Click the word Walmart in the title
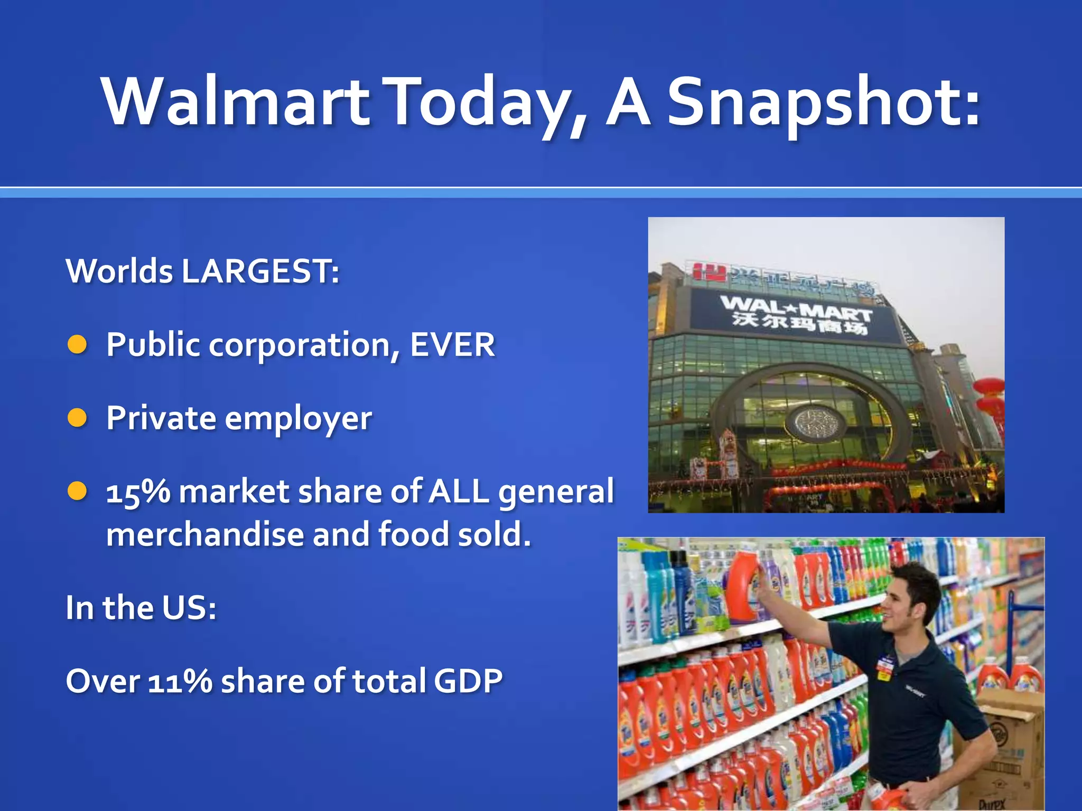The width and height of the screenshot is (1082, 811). [x=236, y=101]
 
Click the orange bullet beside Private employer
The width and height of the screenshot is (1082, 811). [x=78, y=418]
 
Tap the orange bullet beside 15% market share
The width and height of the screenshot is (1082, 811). [x=78, y=491]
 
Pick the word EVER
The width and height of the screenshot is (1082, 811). [x=452, y=345]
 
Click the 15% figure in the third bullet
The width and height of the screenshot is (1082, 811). [x=138, y=492]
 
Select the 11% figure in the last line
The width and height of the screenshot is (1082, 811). [x=180, y=681]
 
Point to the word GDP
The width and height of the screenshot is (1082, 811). [x=468, y=681]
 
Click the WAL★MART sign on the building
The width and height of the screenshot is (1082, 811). [x=795, y=306]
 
